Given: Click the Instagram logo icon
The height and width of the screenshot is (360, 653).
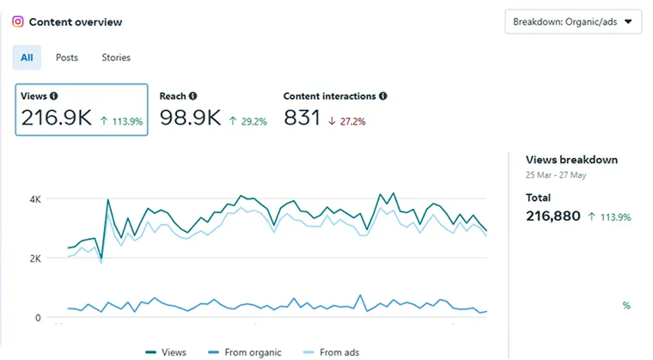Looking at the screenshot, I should click(x=17, y=21).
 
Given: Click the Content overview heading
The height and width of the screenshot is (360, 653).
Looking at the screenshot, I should click(x=76, y=21).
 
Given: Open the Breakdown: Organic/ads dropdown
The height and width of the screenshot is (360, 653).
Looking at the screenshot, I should click(x=573, y=21).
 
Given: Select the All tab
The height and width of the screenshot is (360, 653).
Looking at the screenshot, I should click(x=27, y=58).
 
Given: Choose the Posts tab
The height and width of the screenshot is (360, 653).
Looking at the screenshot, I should click(x=67, y=58).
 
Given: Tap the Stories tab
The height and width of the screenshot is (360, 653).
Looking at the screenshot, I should click(x=116, y=58).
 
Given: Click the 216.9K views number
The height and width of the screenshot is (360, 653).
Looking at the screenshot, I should click(x=57, y=118).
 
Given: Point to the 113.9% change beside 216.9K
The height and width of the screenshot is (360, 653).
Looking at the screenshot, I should click(x=121, y=121).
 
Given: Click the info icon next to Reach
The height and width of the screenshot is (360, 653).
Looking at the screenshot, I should click(x=192, y=96).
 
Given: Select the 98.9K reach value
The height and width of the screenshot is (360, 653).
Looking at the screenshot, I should click(x=190, y=118).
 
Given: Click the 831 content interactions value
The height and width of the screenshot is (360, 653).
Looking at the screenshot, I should click(x=302, y=118).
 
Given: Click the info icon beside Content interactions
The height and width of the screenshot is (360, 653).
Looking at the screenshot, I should click(x=382, y=96).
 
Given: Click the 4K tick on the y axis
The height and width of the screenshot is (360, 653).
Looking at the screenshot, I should click(x=34, y=198).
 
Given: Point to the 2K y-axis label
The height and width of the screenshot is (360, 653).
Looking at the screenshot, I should click(x=34, y=258).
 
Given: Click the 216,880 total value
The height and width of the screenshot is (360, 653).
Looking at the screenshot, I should click(x=552, y=216).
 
